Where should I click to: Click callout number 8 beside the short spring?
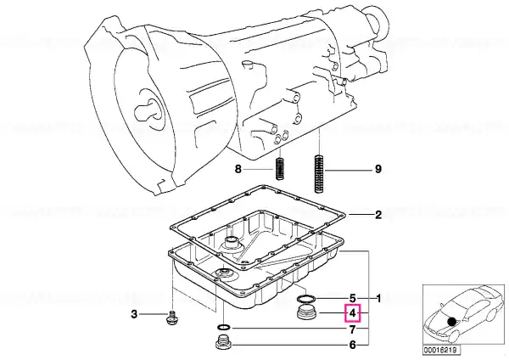tap(238, 169)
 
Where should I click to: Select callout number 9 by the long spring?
tap(378, 169)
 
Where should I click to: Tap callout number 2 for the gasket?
tap(378, 215)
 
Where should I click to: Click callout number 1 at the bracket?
tap(378, 298)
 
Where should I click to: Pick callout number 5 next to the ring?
tap(353, 298)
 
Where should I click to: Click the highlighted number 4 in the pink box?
tap(353, 313)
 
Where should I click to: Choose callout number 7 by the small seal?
tap(353, 329)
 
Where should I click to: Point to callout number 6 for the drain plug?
tap(353, 345)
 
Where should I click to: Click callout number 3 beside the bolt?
tap(134, 314)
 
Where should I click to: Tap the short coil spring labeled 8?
tap(279, 169)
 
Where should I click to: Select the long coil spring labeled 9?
tap(320, 174)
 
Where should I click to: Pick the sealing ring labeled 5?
tap(305, 298)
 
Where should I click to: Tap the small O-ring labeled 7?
tap(224, 327)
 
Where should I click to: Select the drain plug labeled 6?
tap(223, 343)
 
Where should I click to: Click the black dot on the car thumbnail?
tap(451, 322)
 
